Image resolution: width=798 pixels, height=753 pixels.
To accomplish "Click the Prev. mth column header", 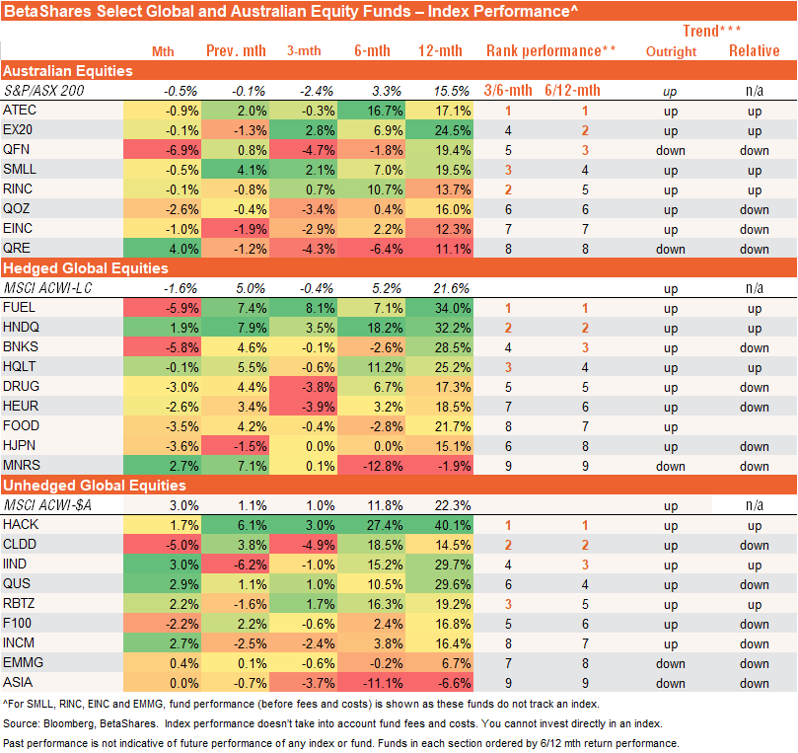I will pyautogui.click(x=232, y=51).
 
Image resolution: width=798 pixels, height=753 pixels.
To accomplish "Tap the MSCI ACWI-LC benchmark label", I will pyautogui.click(x=45, y=288).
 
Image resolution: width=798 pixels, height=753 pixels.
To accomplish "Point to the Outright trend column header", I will pyautogui.click(x=671, y=51).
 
